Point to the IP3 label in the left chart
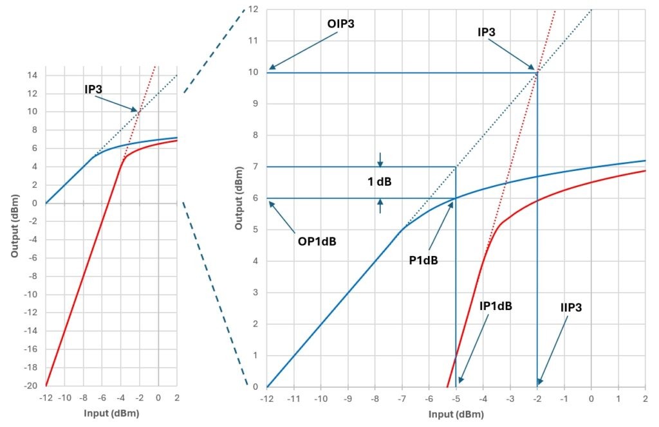[x=95, y=89]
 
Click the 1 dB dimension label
[x=381, y=182]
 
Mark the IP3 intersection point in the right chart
[x=537, y=72]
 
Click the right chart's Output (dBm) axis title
[x=239, y=197]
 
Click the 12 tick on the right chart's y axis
[x=253, y=9]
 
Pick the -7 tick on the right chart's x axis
[x=402, y=399]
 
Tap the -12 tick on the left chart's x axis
[x=46, y=398]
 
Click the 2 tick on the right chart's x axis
[x=645, y=399]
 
